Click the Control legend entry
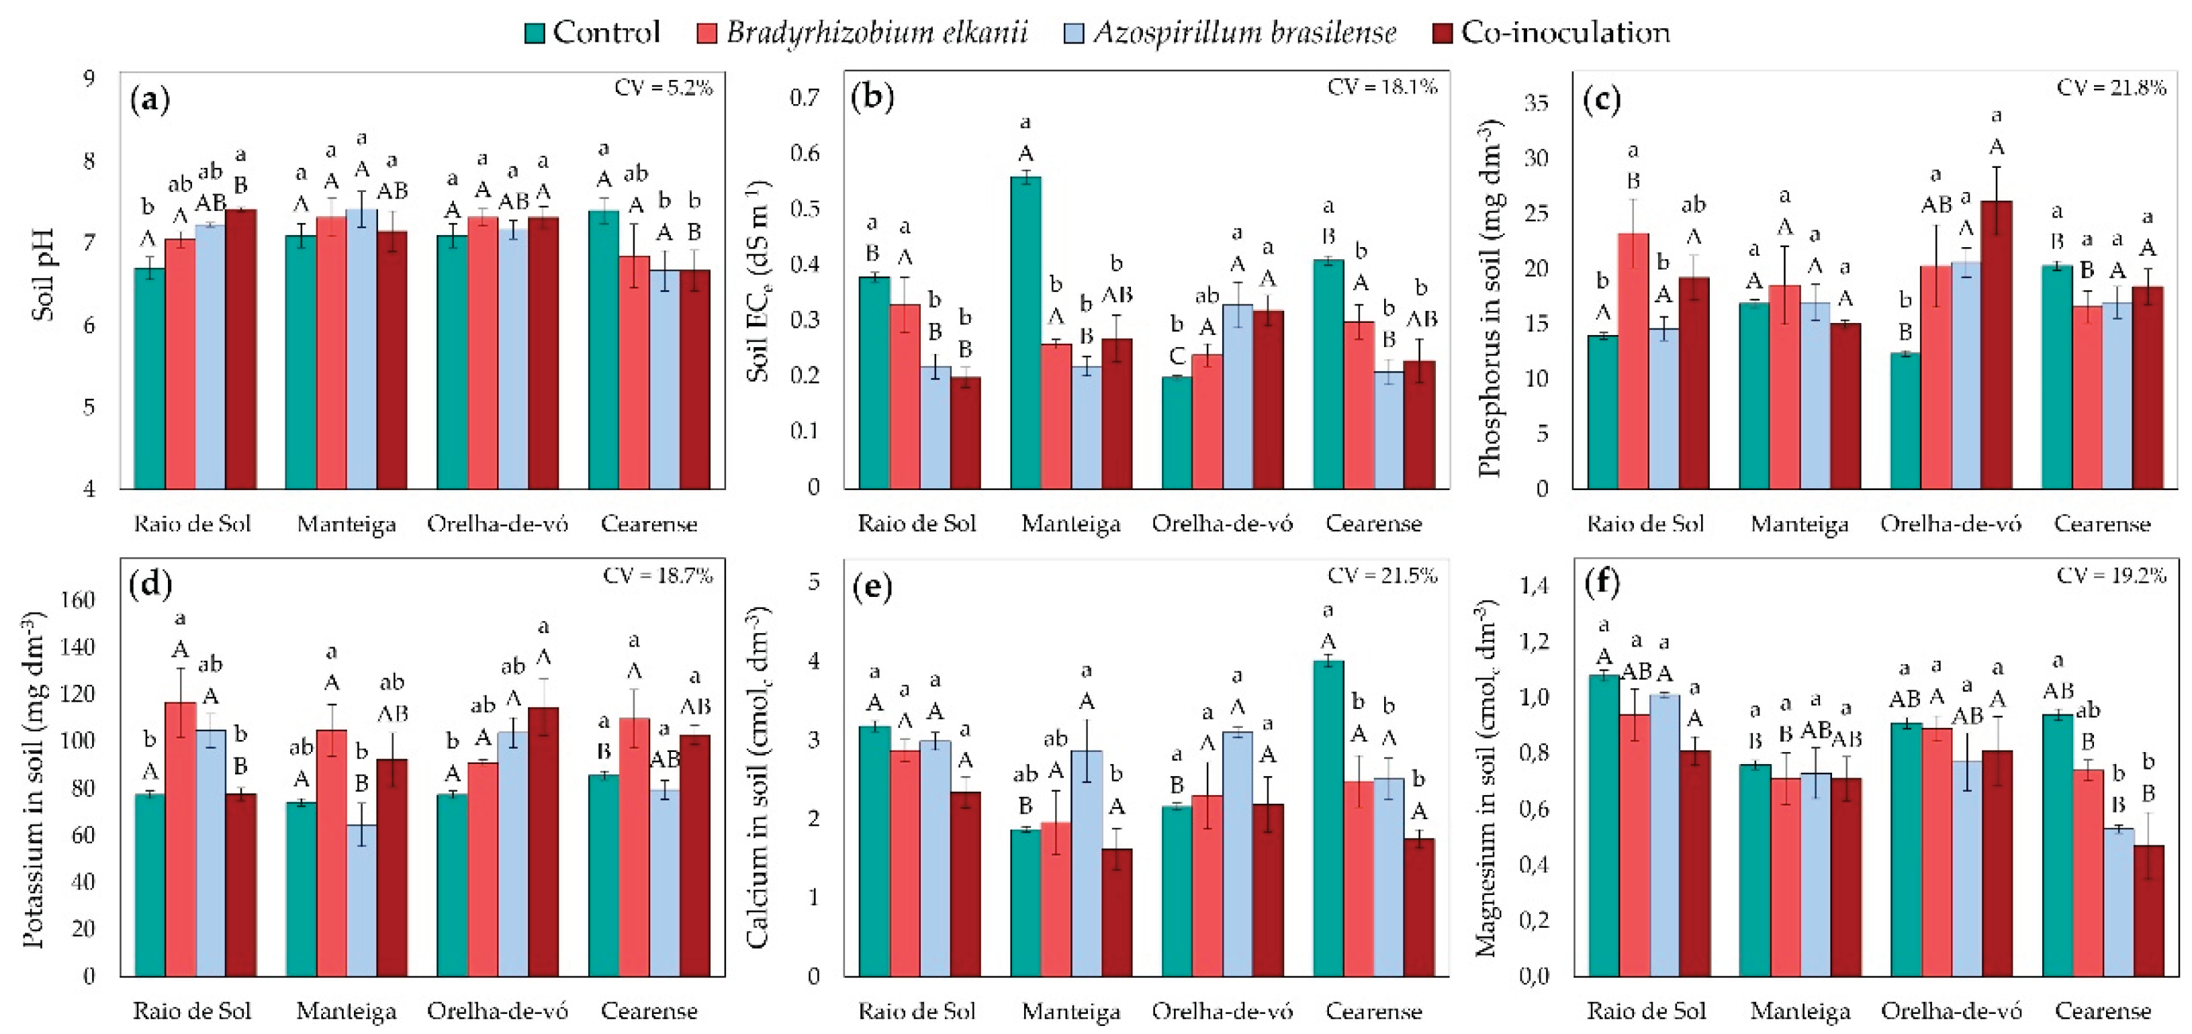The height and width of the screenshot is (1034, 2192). pyautogui.click(x=592, y=32)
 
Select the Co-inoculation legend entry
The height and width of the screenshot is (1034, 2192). pyautogui.click(x=1551, y=32)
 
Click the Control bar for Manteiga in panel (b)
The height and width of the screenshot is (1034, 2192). pyautogui.click(x=1025, y=332)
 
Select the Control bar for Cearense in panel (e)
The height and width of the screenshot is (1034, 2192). pyautogui.click(x=1328, y=817)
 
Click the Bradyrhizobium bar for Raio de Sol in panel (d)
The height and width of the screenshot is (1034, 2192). pyautogui.click(x=181, y=838)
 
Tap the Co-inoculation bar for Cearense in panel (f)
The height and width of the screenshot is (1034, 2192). pyautogui.click(x=2148, y=910)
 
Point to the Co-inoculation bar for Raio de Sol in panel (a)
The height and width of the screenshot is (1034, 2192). pyautogui.click(x=241, y=349)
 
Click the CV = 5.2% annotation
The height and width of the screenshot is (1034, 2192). pyautogui.click(x=663, y=88)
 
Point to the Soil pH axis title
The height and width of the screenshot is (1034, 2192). pyautogui.click(x=42, y=274)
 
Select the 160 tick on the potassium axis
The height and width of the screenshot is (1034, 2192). pyautogui.click(x=77, y=600)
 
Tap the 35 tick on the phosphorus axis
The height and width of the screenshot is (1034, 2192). pyautogui.click(x=1536, y=103)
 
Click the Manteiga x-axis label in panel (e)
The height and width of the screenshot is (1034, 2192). pyautogui.click(x=1070, y=1011)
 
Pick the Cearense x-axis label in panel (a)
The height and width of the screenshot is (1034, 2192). pyautogui.click(x=649, y=524)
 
